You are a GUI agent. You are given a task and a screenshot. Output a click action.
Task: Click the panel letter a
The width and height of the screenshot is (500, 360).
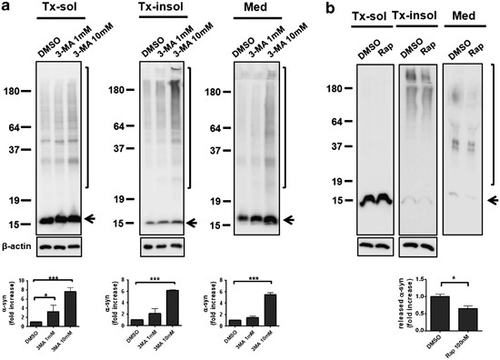[6, 8]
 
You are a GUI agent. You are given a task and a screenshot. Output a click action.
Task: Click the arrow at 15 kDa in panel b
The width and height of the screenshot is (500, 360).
[493, 198]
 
